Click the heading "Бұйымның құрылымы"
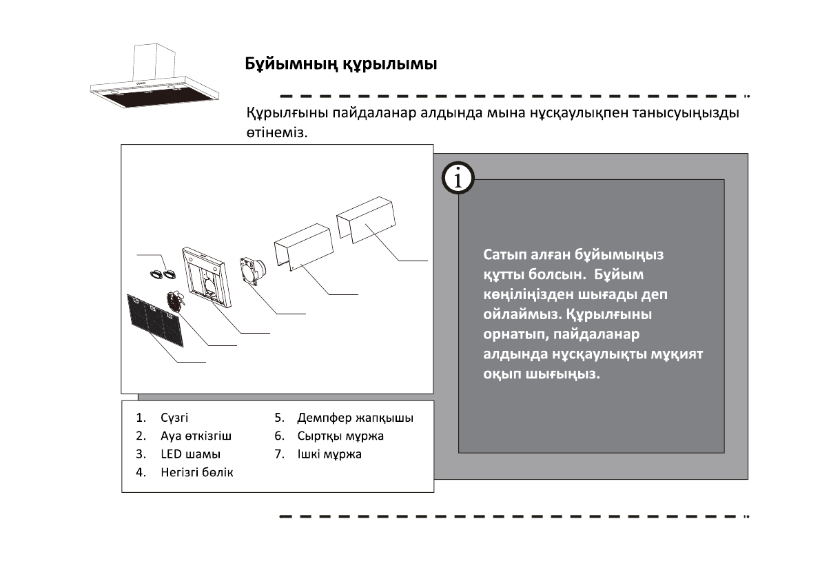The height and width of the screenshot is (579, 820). pos(342,65)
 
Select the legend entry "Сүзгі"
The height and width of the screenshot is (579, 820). pos(174,418)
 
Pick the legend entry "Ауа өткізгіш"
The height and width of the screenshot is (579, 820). pos(196,436)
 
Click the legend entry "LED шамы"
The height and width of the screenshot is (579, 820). pos(190,454)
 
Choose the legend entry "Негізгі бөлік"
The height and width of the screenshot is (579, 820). pos(197,472)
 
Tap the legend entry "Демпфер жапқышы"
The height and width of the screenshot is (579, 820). pos(355,418)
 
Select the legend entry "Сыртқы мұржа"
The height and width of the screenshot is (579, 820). pos(340,436)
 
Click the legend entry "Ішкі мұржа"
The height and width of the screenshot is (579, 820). pos(329,454)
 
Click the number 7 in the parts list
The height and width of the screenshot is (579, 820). pos(278,454)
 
